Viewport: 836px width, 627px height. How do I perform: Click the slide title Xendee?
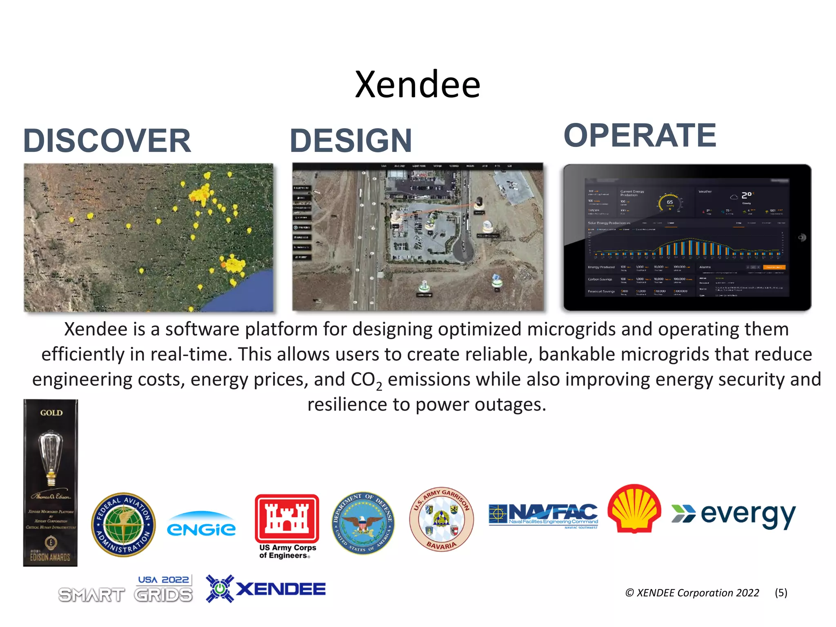[x=418, y=84]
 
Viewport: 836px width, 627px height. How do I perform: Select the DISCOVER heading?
[x=107, y=141]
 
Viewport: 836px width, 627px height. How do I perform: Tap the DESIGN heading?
[x=351, y=141]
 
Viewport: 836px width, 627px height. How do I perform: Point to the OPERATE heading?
[x=640, y=136]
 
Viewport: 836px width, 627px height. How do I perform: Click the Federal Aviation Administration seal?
[x=123, y=525]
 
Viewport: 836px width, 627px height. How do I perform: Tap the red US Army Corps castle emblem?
[x=287, y=518]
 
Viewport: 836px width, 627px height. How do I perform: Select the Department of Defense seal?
[x=363, y=523]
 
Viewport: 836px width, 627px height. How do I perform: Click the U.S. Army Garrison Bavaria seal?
[x=441, y=519]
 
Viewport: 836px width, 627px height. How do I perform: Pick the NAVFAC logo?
[x=543, y=516]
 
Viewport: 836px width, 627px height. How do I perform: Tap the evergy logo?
[x=734, y=515]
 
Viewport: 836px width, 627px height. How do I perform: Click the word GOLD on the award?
[x=51, y=413]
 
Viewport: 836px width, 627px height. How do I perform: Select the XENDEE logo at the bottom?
[x=266, y=589]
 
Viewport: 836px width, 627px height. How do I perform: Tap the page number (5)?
[x=781, y=593]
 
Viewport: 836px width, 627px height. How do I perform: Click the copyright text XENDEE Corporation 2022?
[x=692, y=593]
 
